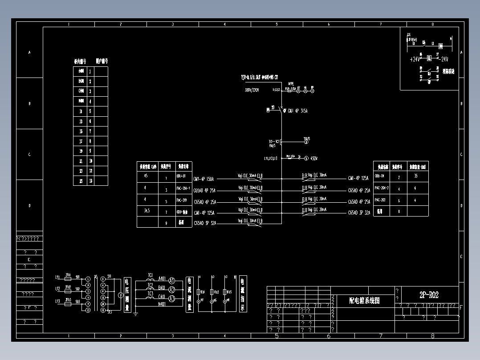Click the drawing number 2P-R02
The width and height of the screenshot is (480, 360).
tap(429, 295)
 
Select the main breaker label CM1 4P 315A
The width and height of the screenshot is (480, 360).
tap(297, 110)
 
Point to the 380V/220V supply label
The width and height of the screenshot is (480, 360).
tap(252, 90)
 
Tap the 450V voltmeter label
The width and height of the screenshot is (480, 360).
tap(314, 158)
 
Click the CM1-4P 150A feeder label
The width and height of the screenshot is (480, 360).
tap(204, 180)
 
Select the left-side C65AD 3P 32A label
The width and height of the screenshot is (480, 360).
tap(204, 223)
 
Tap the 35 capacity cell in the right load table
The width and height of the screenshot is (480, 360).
tap(416, 176)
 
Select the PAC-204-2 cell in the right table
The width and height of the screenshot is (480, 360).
tap(382, 188)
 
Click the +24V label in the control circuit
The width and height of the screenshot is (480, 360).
tap(415, 59)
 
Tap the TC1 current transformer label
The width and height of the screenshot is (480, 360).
tap(150, 275)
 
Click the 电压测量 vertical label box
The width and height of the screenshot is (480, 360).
tap(127, 294)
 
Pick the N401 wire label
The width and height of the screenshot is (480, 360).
tap(162, 304)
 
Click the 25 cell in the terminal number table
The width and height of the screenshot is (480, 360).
tap(81, 181)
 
